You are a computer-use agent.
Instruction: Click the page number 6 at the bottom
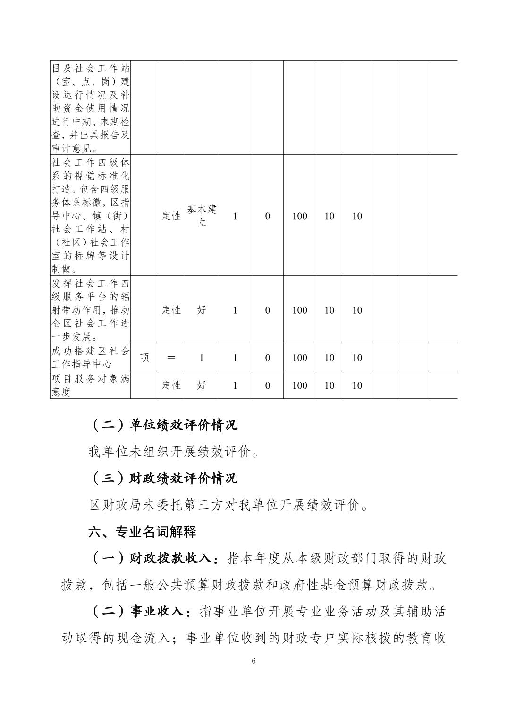pyautogui.click(x=253, y=661)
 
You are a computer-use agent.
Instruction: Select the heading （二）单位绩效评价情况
pyautogui.click(x=163, y=425)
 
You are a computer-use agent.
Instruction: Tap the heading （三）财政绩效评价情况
pyautogui.click(x=163, y=478)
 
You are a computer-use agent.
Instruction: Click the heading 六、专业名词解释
pyautogui.click(x=142, y=532)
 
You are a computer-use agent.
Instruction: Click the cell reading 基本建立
pyautogui.click(x=202, y=216)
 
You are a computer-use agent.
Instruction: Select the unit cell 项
pyautogui.click(x=144, y=358)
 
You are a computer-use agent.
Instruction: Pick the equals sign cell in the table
pyautogui.click(x=171, y=358)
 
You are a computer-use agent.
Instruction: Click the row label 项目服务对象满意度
pyautogui.click(x=90, y=385)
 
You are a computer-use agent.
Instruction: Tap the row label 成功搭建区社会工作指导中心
pyautogui.click(x=90, y=358)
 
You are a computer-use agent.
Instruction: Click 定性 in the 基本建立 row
pyautogui.click(x=171, y=216)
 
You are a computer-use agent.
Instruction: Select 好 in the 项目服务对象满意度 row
pyautogui.click(x=202, y=385)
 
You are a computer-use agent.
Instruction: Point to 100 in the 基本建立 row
pyautogui.click(x=300, y=216)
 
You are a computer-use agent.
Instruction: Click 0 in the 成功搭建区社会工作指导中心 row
pyautogui.click(x=267, y=358)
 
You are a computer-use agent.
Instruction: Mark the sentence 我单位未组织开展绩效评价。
pyautogui.click(x=174, y=452)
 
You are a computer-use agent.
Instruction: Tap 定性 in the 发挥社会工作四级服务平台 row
pyautogui.click(x=171, y=310)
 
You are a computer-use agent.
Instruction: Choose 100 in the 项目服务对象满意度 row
pyautogui.click(x=300, y=385)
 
